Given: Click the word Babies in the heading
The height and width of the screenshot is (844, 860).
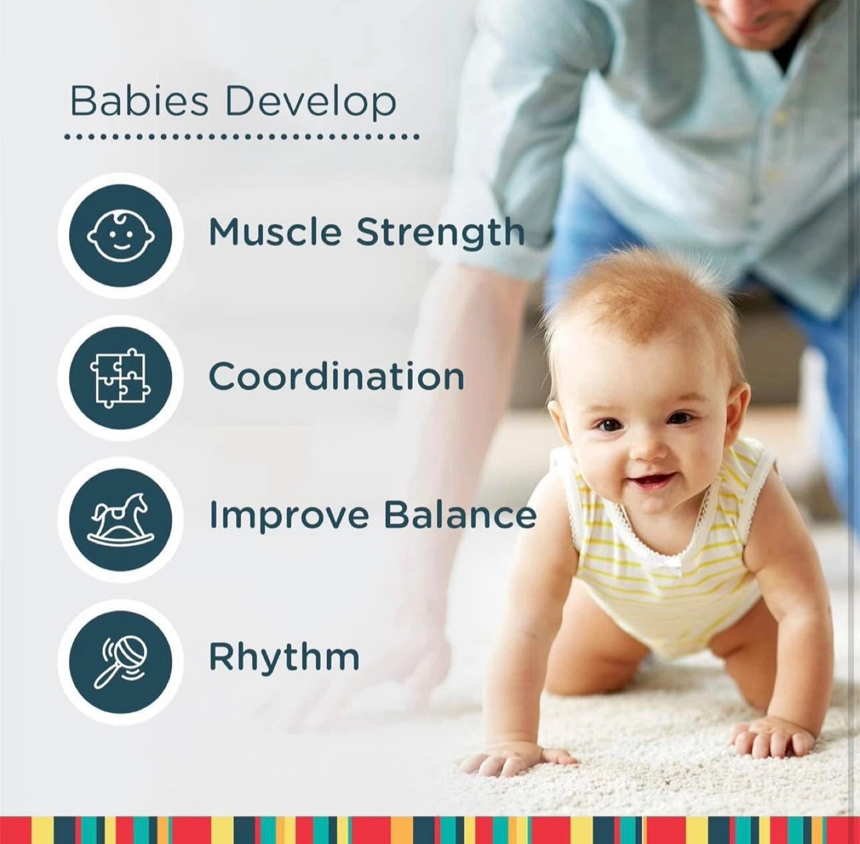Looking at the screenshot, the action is pos(139,102).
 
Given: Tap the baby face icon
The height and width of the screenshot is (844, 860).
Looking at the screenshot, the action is pos(121,235).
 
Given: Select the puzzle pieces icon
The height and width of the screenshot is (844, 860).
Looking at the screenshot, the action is pos(121,378).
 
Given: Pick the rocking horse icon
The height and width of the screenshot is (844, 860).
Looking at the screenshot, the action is pos(121,519).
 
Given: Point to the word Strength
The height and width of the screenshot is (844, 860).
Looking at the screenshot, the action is pos(441,233).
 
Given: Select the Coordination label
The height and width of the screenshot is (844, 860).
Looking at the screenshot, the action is pos(336,377).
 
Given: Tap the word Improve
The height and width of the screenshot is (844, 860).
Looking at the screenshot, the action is pos(289,516).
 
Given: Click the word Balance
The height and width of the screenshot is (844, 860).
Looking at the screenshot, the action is pos(460,514).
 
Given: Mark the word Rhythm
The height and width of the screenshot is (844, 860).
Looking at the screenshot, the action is pos(284,656).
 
